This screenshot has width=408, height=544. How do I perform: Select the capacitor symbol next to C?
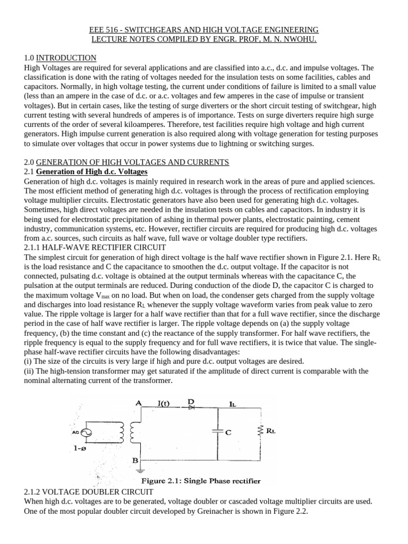[x=216, y=432]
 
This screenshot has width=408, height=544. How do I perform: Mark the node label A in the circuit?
[x=139, y=403]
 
